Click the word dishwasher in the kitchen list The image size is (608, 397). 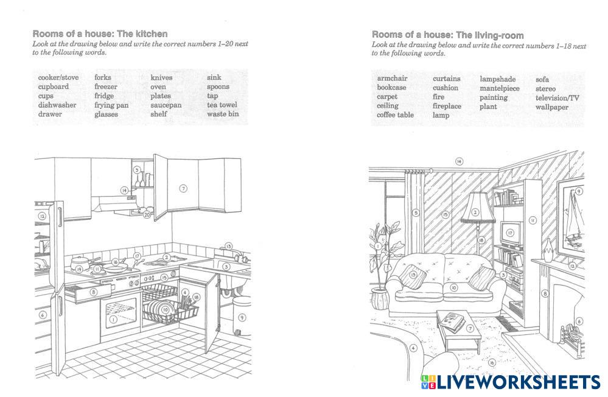coord(57,105)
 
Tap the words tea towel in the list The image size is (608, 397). coord(222,105)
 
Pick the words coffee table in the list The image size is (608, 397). coord(395,114)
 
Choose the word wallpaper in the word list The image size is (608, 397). coord(551,107)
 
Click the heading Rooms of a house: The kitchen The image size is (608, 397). coord(100,34)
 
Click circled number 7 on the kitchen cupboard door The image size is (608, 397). coord(183,189)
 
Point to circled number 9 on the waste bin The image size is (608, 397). coord(242,317)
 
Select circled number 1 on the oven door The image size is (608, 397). coord(113,319)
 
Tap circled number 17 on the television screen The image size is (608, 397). coord(510,233)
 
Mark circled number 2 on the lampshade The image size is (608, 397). coord(475,213)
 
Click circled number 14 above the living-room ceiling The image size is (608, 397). coord(459,161)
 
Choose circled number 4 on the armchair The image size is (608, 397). coord(413,349)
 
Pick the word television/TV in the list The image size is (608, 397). coord(557,98)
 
